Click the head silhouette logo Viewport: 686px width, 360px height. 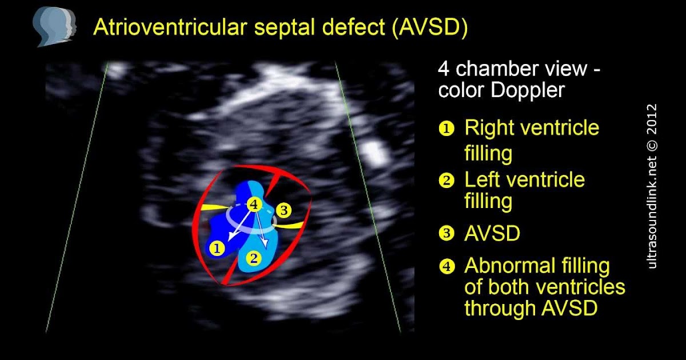[54, 27]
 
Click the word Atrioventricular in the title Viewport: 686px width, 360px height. [170, 27]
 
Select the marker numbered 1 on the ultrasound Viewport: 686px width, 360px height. [217, 248]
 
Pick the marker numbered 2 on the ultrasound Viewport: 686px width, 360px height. [254, 259]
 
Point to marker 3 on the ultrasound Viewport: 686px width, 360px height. [284, 210]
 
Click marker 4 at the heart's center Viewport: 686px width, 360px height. [254, 204]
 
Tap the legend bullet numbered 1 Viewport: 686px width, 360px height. [446, 129]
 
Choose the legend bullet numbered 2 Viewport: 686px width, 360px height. [446, 181]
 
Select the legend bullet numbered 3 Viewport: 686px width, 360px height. [446, 234]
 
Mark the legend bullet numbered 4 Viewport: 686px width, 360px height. [446, 266]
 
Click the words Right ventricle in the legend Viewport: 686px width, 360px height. [532, 127]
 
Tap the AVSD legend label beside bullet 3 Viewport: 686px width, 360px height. [492, 233]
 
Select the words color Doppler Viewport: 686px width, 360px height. [501, 90]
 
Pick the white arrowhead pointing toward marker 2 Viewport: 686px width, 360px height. [265, 243]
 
